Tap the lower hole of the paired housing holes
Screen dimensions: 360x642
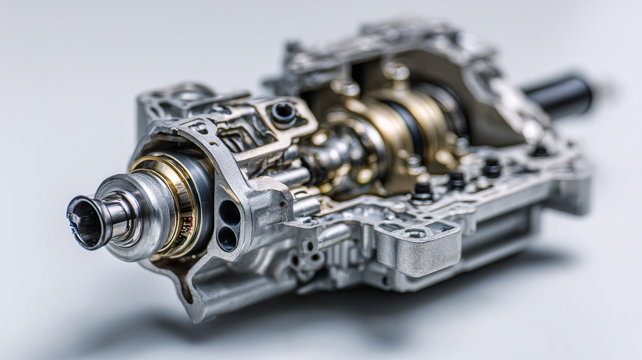(x=227, y=239)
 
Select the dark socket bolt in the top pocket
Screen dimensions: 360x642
(x=283, y=112)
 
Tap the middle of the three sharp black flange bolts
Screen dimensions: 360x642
(x=456, y=180)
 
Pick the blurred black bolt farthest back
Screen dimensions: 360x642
(x=539, y=151)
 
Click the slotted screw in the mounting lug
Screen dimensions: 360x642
(x=416, y=233)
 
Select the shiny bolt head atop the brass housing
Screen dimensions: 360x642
(x=395, y=71)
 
